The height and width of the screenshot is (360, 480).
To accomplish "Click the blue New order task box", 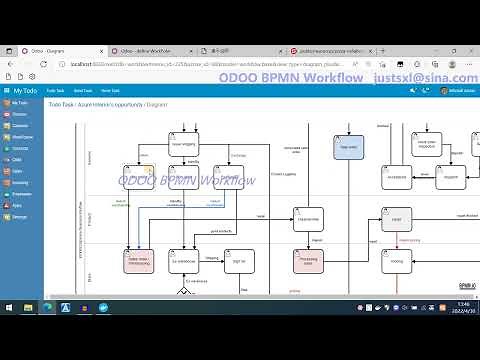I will pyautogui.click(x=348, y=147).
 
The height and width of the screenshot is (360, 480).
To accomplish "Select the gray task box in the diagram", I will pyautogui.click(x=396, y=219).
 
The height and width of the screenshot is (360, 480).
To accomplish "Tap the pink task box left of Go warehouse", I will pyautogui.click(x=138, y=262).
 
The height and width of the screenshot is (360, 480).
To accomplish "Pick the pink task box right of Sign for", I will pyautogui.click(x=307, y=262).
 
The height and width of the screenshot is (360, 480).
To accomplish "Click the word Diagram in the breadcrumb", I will pyautogui.click(x=157, y=104).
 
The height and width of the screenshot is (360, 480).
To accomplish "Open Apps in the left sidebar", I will pyautogui.click(x=18, y=204).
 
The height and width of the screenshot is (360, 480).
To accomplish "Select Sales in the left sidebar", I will pyautogui.click(x=18, y=170).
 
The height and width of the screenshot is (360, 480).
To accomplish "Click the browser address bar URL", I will pyautogui.click(x=150, y=63).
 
